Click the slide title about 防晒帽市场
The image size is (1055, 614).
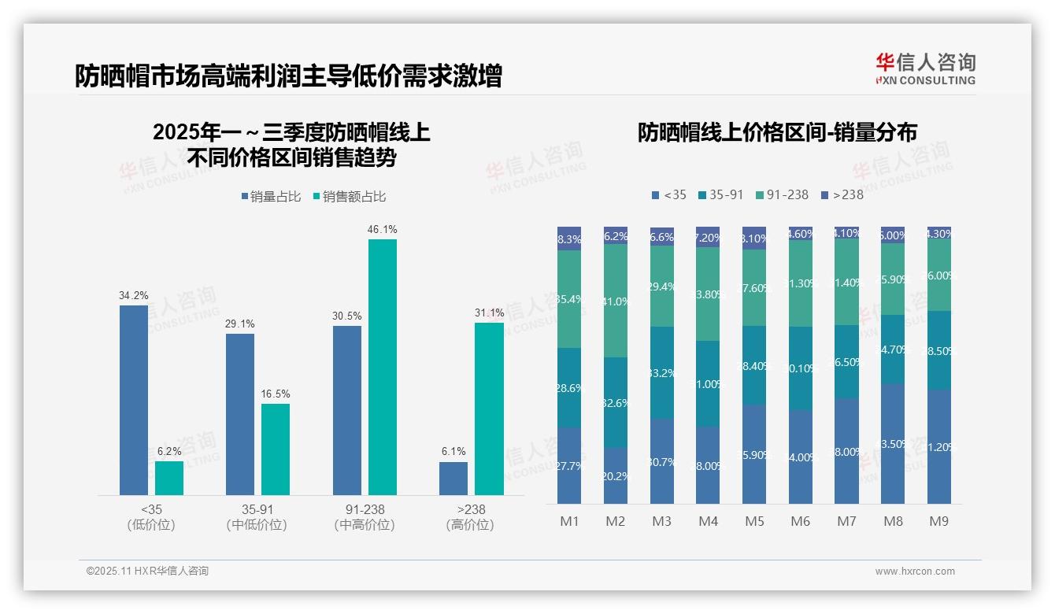288,76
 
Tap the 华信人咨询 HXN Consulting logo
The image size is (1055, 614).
925,69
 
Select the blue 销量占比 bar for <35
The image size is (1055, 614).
134,400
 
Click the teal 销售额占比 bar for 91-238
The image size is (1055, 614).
383,367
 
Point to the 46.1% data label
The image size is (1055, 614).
383,230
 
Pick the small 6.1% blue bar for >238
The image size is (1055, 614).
453,479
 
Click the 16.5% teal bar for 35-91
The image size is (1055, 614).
276,449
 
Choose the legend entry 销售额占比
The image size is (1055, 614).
350,197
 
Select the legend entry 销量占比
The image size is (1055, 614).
271,197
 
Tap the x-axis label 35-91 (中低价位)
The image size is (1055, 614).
257,517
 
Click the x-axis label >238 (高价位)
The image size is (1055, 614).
470,517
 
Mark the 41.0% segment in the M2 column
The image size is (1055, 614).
616,301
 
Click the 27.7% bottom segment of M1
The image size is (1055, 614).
569,466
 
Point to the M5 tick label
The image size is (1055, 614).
754,521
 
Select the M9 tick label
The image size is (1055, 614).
938,521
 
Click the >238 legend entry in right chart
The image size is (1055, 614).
842,194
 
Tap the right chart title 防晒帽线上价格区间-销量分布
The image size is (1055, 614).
777,132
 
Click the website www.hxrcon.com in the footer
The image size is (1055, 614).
915,571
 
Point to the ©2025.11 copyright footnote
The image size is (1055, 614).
147,571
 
